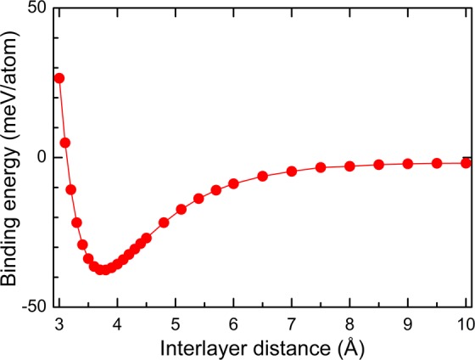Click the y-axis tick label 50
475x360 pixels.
tap(37, 10)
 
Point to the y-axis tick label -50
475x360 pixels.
tap(34, 305)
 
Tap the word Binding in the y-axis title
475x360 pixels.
tap(12, 250)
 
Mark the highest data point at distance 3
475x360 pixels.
tap(59, 78)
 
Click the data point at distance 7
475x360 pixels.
tap(292, 171)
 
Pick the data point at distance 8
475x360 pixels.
tap(349, 166)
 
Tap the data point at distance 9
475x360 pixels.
tap(408, 164)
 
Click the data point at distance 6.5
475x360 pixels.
tap(262, 176)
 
